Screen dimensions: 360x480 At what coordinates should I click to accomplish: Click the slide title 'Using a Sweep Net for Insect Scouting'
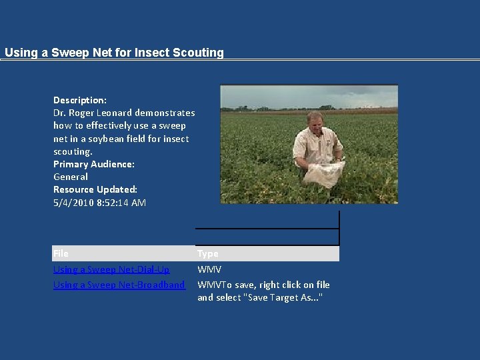coord(114,53)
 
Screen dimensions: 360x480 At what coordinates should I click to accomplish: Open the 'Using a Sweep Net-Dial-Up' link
coord(111,269)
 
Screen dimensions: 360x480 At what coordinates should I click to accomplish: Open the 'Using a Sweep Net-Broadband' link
coord(119,285)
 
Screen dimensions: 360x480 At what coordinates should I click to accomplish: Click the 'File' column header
coord(61,253)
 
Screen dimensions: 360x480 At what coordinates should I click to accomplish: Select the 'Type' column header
coord(207,253)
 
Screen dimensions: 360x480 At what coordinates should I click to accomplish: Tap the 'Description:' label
coord(80,100)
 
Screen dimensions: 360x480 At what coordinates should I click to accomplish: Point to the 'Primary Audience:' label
coord(94,164)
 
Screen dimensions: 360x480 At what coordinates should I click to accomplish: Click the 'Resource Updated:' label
coord(95,189)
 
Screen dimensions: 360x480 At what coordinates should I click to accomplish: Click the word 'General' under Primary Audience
coord(71,177)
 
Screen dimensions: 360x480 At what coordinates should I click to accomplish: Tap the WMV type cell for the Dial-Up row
coord(209,269)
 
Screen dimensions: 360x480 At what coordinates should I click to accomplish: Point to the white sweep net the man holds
coord(324,173)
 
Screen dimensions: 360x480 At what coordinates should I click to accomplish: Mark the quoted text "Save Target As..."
coord(285,297)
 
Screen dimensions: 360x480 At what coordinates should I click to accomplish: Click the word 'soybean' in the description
coord(115,139)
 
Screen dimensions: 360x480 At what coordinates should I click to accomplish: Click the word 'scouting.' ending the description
coord(73,151)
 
